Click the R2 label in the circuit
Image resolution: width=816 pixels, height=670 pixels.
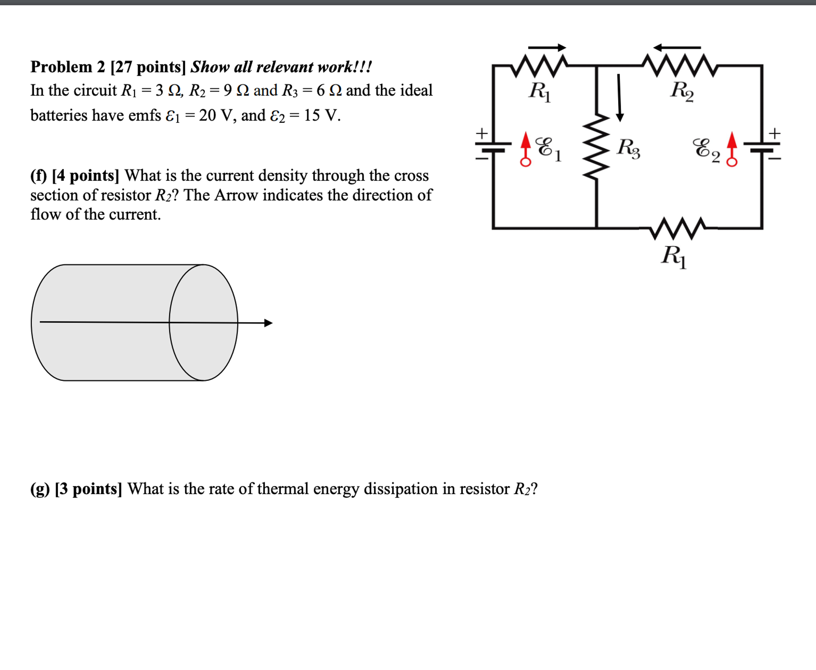[682, 91]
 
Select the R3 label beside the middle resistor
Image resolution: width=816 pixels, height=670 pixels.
[628, 148]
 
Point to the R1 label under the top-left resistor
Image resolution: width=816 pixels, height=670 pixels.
[540, 91]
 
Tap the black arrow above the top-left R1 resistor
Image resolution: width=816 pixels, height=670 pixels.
[547, 47]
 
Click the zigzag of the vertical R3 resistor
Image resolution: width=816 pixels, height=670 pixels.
[596, 147]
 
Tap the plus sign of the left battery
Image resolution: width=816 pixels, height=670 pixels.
[481, 134]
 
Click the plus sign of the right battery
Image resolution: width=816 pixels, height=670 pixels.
[774, 134]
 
